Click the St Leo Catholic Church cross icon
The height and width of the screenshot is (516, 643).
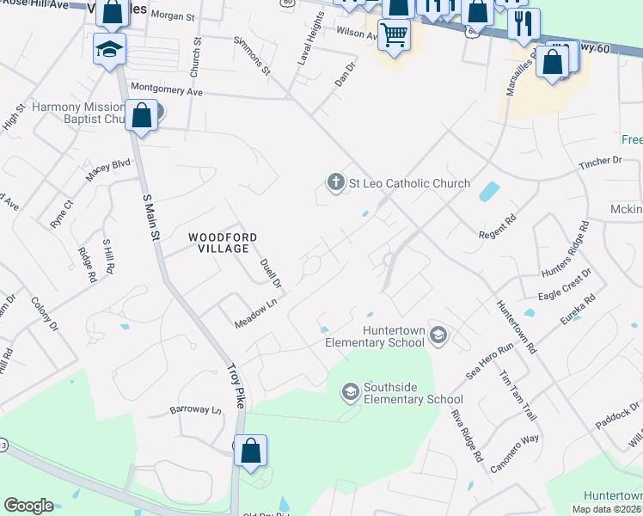pos(335,182)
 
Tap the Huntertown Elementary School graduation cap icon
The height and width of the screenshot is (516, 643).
pos(438,335)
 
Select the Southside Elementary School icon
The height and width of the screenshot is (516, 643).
pos(350,392)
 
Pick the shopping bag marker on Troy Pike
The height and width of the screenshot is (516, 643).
pos(250,450)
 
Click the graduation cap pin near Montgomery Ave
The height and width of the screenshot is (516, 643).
pos(110,48)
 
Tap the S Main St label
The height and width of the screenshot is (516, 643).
pos(150,217)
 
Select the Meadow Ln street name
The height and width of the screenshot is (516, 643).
pos(257,314)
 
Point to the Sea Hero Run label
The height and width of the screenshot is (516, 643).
pos(489,359)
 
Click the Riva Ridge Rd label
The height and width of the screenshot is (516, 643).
pos(466,435)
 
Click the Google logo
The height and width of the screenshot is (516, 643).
pos(28,506)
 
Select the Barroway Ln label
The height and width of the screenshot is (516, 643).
pos(195,410)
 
